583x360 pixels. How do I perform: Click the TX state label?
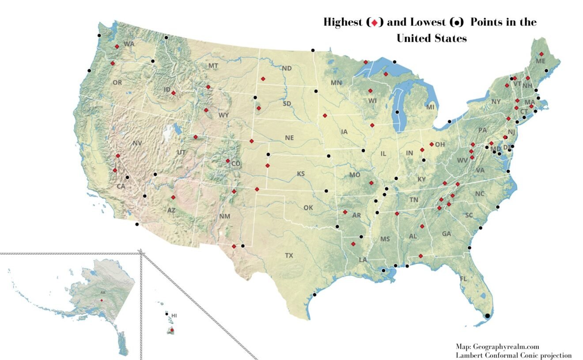[289, 255]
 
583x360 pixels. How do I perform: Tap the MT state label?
[213, 66]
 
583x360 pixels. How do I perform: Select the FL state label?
[463, 279]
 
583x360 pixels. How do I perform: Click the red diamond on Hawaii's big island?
[172, 330]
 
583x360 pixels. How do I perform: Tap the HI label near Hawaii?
[174, 315]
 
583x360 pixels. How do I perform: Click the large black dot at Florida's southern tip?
[487, 315]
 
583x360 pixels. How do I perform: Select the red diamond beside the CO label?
[228, 161]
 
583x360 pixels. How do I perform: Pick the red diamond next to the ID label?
[174, 93]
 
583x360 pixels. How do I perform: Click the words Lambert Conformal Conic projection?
[514, 355]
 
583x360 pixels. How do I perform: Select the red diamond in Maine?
[541, 53]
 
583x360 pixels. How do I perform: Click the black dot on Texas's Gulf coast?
[314, 295]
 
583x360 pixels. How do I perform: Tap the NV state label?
[137, 143]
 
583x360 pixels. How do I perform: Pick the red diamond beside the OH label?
[432, 144]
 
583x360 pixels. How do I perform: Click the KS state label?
[301, 174]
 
